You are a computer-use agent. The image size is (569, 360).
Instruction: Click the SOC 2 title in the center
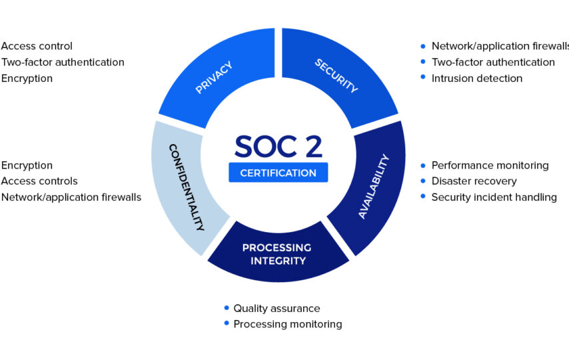[279, 147]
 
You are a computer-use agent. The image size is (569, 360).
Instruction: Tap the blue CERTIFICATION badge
[279, 173]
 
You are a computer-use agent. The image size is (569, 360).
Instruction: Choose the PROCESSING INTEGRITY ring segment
[278, 254]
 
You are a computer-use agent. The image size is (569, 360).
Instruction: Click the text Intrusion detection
[477, 78]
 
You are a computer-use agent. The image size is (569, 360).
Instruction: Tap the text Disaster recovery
[474, 181]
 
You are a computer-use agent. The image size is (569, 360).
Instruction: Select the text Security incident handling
[494, 197]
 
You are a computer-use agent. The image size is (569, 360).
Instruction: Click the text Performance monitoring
[490, 165]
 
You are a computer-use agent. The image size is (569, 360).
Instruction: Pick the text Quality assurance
[277, 309]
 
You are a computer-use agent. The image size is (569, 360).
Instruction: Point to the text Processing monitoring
[288, 324]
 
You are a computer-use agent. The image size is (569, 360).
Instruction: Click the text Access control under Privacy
[37, 46]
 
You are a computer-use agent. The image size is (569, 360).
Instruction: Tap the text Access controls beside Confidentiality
[39, 181]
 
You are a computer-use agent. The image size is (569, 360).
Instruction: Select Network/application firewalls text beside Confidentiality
[71, 197]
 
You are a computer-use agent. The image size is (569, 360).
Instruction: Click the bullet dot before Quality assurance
[227, 308]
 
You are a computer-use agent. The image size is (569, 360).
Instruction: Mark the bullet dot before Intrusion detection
[423, 77]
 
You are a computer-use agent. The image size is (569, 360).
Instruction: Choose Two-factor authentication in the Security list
[493, 62]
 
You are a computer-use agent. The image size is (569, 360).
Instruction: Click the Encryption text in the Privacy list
[27, 79]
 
